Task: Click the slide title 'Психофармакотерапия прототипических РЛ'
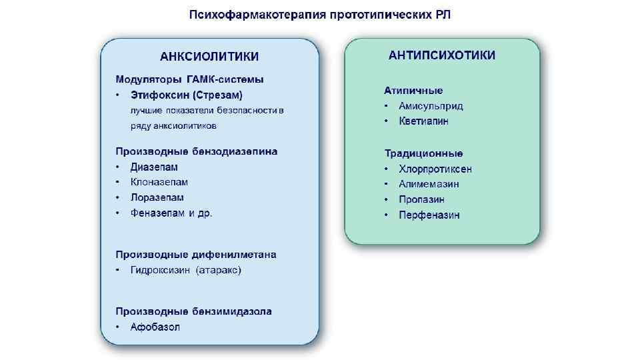click(x=320, y=15)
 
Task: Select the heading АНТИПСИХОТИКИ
click(x=442, y=55)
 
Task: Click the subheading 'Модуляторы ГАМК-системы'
click(x=189, y=79)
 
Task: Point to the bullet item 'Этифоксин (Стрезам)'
click(x=186, y=95)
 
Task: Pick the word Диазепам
click(x=154, y=167)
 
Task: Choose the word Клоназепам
click(x=159, y=182)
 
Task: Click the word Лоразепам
click(x=157, y=197)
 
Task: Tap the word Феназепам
click(x=157, y=213)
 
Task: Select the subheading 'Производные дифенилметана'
click(x=196, y=255)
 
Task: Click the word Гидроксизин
click(x=160, y=270)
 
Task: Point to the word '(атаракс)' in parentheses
click(x=219, y=270)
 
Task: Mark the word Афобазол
click(x=155, y=327)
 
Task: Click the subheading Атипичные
click(x=413, y=90)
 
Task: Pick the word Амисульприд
click(x=431, y=105)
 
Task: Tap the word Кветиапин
click(x=423, y=121)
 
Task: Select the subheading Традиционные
click(x=424, y=153)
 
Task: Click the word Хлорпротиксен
click(x=435, y=169)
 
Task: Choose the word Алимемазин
click(x=429, y=184)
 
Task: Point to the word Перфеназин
click(x=429, y=215)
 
